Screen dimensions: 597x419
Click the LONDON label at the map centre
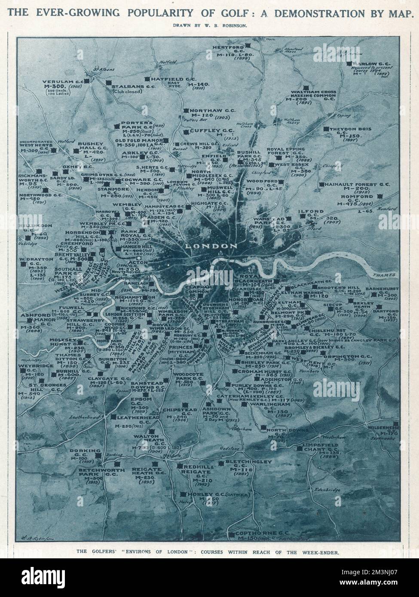[211, 246]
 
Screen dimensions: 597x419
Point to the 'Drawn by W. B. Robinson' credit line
[210, 26]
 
